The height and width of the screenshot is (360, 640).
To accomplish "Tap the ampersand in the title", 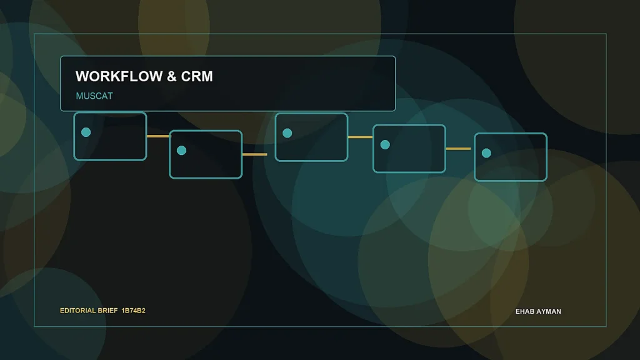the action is [172, 76].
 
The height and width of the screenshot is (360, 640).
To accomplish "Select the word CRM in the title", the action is [197, 76].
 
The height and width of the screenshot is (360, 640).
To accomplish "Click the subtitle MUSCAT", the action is [94, 96].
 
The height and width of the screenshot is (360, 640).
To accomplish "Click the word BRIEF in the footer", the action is [107, 311].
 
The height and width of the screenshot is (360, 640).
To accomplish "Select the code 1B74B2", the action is [134, 311].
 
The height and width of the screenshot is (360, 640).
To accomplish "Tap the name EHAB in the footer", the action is [524, 311].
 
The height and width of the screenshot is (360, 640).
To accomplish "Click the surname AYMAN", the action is [548, 311].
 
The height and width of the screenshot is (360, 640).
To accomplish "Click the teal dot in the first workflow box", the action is [86, 132].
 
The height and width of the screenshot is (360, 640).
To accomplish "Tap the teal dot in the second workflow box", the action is [182, 151].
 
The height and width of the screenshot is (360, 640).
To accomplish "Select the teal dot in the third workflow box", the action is [287, 133].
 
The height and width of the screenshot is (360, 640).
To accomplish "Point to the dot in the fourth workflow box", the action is [385, 145].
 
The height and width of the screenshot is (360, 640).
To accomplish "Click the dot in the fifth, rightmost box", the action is [486, 153].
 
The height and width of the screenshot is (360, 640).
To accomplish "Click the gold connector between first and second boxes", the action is [158, 136].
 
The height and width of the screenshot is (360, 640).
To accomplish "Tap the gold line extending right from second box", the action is [255, 154].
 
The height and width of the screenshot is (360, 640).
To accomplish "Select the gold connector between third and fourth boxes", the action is [361, 137].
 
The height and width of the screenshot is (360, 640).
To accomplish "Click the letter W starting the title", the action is [82, 76].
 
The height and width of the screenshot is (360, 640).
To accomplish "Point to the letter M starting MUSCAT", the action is [79, 96].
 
